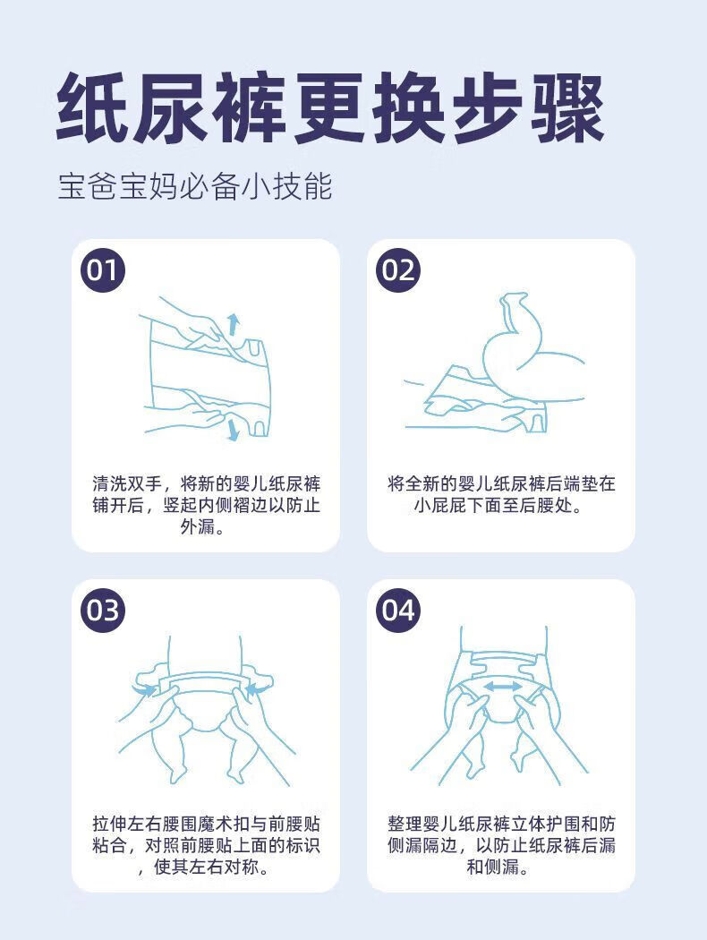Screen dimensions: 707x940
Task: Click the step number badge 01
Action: click(x=102, y=270)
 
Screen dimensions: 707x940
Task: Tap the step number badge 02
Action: click(x=398, y=270)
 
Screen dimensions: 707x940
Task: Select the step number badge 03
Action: click(x=102, y=611)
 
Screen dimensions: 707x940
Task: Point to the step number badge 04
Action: click(x=398, y=611)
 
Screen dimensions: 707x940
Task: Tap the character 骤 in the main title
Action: click(x=567, y=108)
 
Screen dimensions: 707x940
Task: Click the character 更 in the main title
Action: click(x=330, y=108)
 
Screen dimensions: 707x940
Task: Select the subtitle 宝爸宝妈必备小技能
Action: click(x=195, y=186)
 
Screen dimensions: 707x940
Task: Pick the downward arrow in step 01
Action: click(x=233, y=430)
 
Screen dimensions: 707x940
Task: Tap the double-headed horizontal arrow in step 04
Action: click(x=503, y=687)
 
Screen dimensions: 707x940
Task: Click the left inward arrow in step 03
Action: click(x=144, y=690)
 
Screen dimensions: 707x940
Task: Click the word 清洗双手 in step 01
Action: click(x=126, y=483)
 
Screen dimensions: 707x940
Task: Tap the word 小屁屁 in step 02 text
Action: click(x=439, y=506)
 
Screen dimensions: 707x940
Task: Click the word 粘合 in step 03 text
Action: click(x=110, y=845)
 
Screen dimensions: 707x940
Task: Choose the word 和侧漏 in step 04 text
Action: click(x=492, y=867)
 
